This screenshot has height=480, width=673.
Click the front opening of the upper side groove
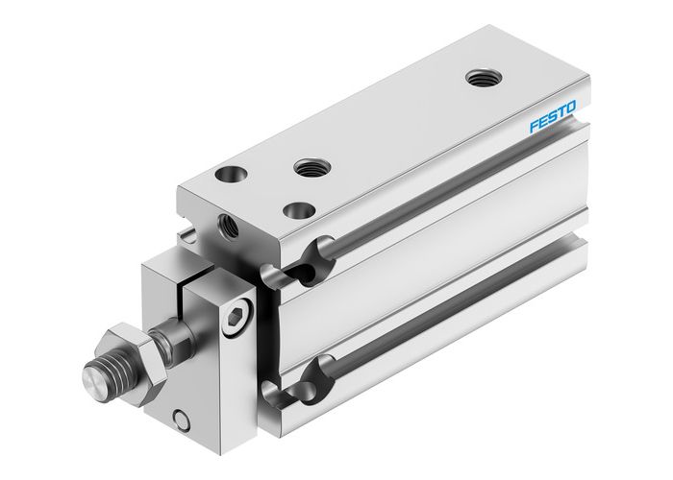(x=310, y=260)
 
